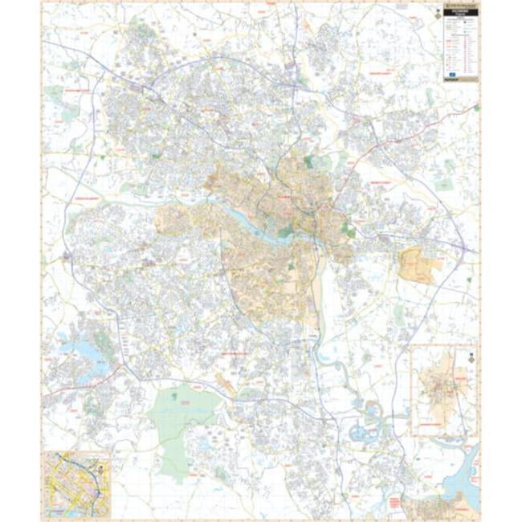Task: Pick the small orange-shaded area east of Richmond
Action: click(419, 265)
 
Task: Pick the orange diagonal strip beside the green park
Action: click(226, 386)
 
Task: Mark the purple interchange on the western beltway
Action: click(65, 256)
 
